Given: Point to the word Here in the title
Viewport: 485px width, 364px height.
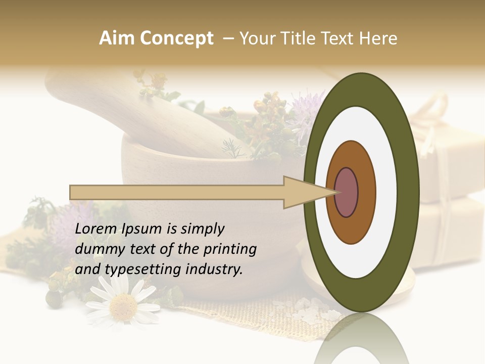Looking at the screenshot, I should coord(378,38).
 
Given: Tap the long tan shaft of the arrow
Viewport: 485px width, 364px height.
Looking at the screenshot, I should coord(177,193).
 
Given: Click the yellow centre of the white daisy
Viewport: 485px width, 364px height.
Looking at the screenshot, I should coord(123,305).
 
